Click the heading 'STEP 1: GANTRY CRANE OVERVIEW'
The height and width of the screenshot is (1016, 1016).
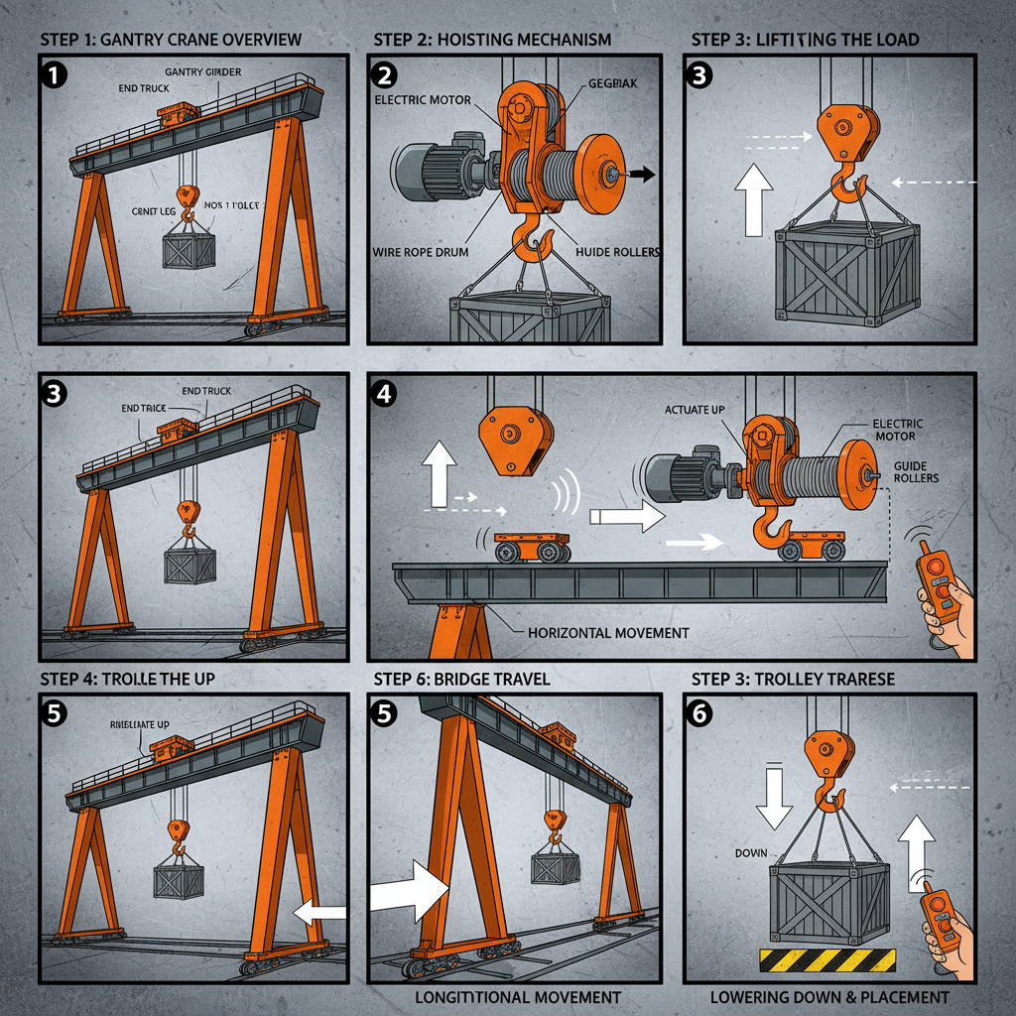tap(171, 40)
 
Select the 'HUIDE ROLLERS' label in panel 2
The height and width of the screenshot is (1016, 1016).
tap(618, 252)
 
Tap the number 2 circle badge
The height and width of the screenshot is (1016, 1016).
tap(385, 74)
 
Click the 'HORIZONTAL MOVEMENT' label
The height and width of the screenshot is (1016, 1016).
tap(608, 632)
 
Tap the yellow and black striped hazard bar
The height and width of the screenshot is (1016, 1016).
tap(827, 960)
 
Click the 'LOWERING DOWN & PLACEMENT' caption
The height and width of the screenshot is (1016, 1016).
tap(829, 996)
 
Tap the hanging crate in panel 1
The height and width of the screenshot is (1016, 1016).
tap(189, 245)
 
